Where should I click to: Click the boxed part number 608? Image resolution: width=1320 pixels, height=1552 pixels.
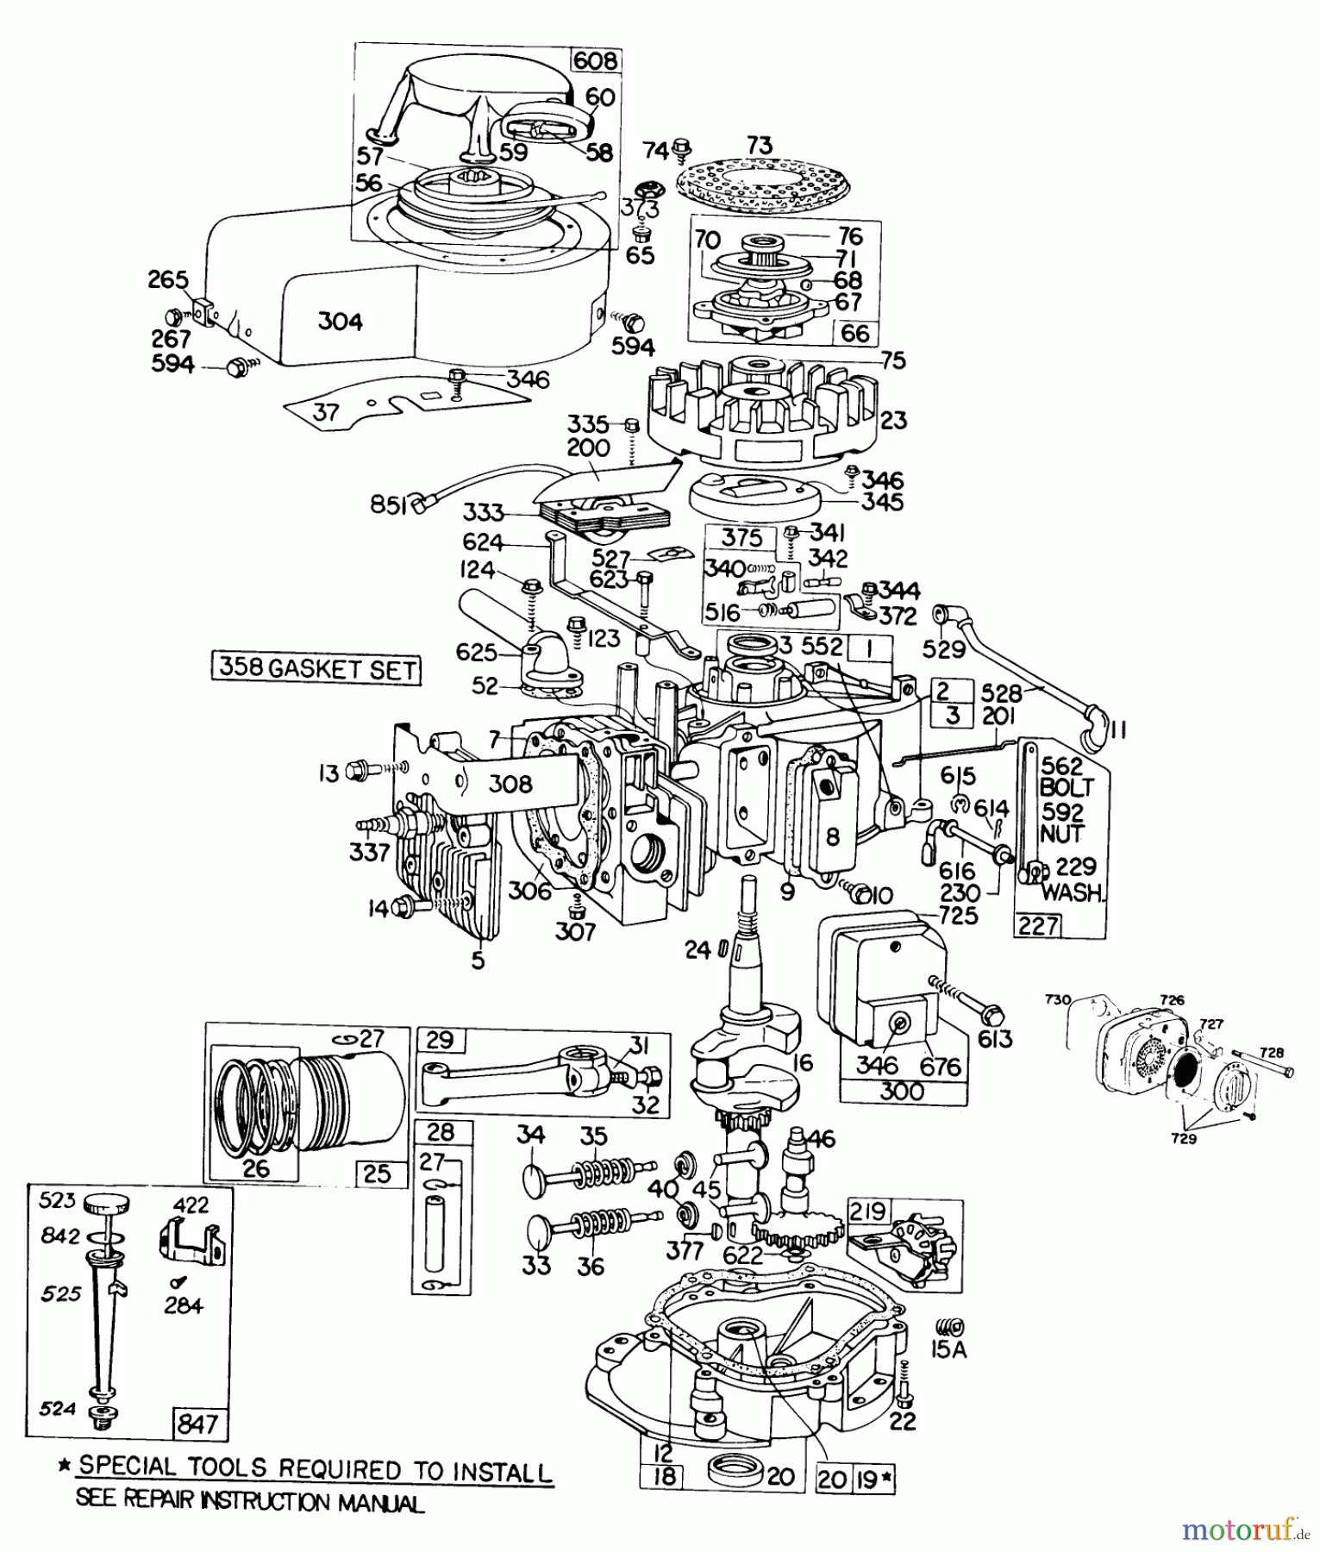[595, 60]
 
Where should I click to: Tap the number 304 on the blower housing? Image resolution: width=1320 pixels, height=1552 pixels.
[340, 322]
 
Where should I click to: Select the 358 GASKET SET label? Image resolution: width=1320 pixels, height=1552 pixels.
[317, 669]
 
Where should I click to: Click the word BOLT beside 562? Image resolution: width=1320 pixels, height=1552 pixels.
[1066, 787]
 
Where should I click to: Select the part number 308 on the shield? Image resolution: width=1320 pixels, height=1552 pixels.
[510, 784]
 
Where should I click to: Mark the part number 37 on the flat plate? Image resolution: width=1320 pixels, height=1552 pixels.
[326, 413]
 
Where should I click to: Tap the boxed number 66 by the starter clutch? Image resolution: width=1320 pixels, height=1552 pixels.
[854, 333]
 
